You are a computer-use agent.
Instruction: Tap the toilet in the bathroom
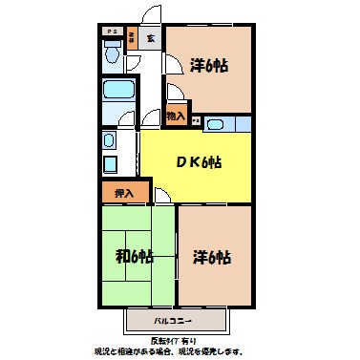(111, 55)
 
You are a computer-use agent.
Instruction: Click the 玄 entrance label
(151, 40)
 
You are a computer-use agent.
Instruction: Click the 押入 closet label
(124, 193)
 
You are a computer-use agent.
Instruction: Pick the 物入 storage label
(175, 116)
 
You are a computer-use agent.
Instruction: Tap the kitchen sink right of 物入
(215, 123)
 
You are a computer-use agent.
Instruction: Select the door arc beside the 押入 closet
(162, 197)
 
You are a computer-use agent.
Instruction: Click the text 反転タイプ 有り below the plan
(179, 339)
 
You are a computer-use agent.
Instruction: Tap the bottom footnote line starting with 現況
(180, 351)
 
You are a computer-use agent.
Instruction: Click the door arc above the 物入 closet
(174, 94)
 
